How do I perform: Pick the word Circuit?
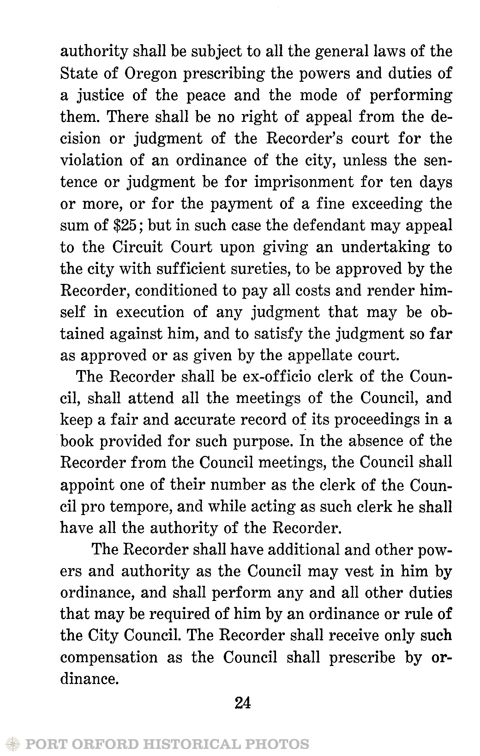(x=138, y=247)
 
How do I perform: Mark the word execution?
(x=150, y=312)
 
